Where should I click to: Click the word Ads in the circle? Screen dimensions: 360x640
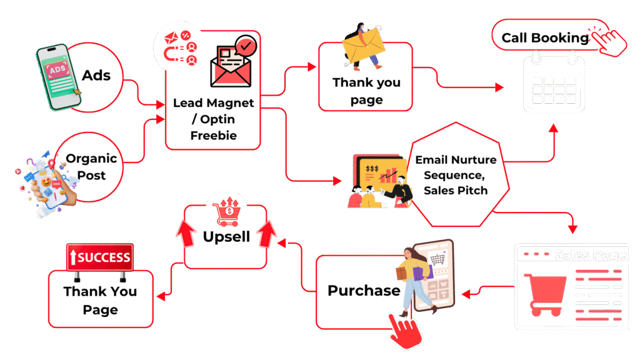tap(96, 76)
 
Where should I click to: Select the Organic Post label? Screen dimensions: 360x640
tap(91, 167)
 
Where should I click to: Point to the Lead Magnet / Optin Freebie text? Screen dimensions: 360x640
tap(213, 119)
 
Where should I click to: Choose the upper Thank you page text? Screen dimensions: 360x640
tap(366, 91)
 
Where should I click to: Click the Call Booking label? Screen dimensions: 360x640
tap(545, 38)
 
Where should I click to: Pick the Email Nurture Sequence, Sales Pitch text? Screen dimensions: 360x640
tap(456, 175)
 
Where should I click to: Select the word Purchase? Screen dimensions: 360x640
tap(364, 291)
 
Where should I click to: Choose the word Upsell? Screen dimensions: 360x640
tap(226, 237)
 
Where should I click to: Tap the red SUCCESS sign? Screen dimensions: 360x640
tap(100, 257)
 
